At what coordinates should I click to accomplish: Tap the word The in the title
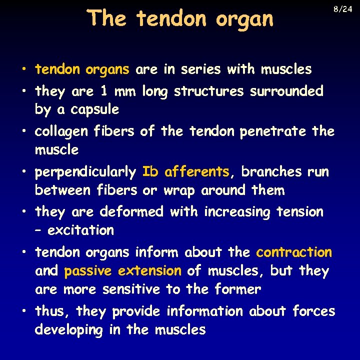(107, 18)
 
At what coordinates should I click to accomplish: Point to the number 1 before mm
(103, 91)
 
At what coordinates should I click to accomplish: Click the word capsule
(94, 110)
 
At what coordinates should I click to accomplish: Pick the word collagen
(58, 132)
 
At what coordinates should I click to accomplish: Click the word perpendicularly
(85, 172)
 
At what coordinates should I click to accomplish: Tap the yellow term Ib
(150, 171)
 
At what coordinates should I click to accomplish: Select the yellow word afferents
(196, 171)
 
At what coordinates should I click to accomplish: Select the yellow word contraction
(294, 252)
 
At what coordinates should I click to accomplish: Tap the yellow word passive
(88, 271)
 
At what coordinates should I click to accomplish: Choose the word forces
(313, 311)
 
